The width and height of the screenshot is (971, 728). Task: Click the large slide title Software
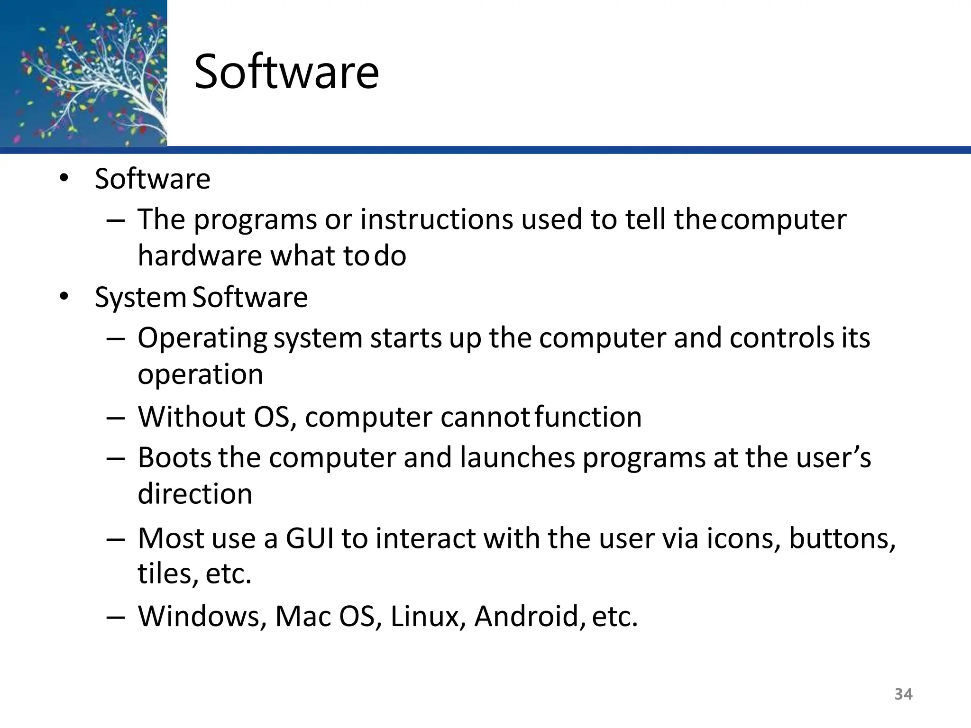tap(286, 72)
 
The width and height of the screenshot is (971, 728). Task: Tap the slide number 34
tap(903, 694)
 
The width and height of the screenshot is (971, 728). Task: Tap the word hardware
tap(200, 256)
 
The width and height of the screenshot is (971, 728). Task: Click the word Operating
tap(202, 339)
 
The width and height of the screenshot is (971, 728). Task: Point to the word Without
tap(192, 417)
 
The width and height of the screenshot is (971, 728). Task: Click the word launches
tap(517, 458)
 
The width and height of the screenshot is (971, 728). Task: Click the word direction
tap(195, 494)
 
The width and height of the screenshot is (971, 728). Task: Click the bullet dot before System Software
tap(64, 297)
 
